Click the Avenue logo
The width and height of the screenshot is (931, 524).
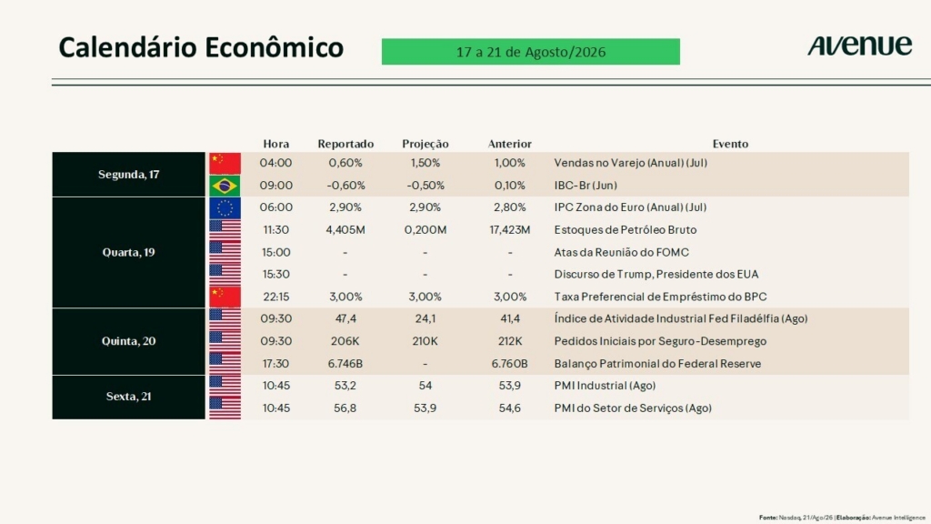point(859,45)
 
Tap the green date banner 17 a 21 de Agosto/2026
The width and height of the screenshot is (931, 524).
point(531,52)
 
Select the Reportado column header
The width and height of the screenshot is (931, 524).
point(345,144)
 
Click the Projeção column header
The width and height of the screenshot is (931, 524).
point(425,144)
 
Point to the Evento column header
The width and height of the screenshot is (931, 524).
point(730,144)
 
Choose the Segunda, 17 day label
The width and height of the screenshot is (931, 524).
point(128,175)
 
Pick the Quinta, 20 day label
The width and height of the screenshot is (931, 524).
point(128,341)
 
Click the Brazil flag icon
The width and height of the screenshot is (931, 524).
point(225,186)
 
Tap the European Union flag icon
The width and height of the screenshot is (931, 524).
point(225,208)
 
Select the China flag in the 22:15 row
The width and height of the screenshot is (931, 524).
point(225,297)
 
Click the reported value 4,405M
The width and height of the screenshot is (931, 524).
point(345,230)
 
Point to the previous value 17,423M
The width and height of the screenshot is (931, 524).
point(509,230)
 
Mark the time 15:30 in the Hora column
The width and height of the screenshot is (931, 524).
point(276,275)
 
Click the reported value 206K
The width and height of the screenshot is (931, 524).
point(345,341)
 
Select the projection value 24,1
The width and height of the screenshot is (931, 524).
point(425,319)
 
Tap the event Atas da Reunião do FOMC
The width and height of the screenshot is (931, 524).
point(622,253)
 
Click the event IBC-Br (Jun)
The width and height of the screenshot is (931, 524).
point(586,186)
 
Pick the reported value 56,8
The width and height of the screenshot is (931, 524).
point(345,408)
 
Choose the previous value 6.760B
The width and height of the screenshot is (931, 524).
point(509,364)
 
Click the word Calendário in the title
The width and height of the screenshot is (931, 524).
point(126,47)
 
